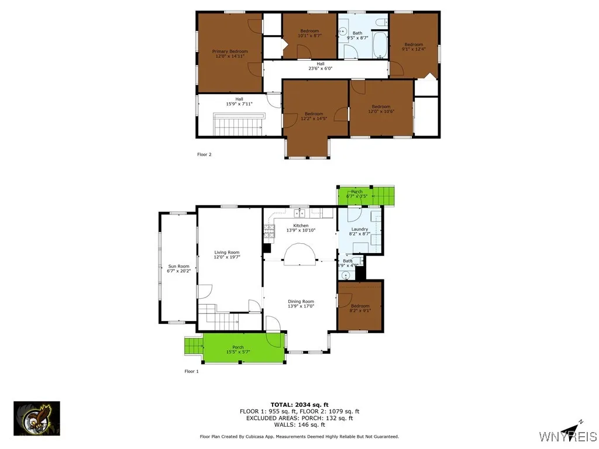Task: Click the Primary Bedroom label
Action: (x=230, y=51)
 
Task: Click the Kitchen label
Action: (x=301, y=226)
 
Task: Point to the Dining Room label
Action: (x=301, y=302)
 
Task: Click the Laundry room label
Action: (x=359, y=229)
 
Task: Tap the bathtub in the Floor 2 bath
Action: (x=380, y=46)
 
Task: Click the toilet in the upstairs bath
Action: (x=380, y=22)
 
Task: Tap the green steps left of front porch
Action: (x=193, y=346)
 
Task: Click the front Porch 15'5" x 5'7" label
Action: (x=238, y=350)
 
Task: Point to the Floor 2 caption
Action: (x=204, y=154)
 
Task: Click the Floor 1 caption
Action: (x=192, y=371)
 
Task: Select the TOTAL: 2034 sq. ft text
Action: (x=299, y=405)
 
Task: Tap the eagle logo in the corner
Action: (x=37, y=419)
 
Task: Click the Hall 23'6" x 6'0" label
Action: (x=320, y=66)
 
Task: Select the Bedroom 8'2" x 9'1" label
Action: (x=360, y=308)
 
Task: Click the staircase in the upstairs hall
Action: (x=240, y=125)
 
